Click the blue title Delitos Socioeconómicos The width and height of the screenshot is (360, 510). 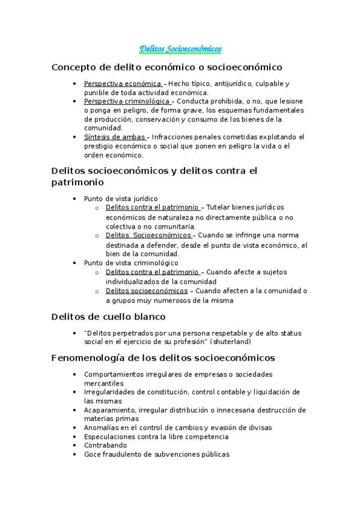coord(180,48)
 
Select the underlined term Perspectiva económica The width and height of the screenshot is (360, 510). coord(122,83)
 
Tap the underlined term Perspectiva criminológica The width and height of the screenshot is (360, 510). coord(127,101)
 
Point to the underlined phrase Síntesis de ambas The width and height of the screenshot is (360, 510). coord(114,137)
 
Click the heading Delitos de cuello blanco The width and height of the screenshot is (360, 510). coord(108,316)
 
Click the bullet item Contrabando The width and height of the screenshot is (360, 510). coord(105,445)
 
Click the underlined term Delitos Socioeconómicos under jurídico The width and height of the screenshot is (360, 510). coord(148,235)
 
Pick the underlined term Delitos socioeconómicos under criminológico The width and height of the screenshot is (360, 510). coord(146,290)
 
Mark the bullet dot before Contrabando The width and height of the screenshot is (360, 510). coord(73,446)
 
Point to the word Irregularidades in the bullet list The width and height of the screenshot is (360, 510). coord(109,392)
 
